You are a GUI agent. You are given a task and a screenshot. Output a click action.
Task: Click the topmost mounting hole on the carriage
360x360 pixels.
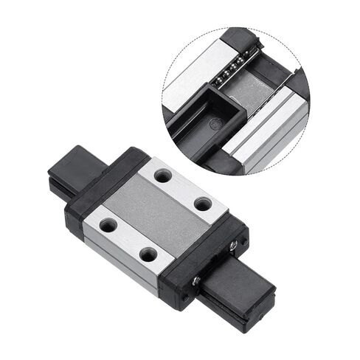[163, 176]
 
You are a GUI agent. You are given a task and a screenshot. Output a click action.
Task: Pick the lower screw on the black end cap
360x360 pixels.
[197, 280]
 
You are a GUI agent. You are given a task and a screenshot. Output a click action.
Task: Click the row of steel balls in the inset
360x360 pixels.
[232, 67]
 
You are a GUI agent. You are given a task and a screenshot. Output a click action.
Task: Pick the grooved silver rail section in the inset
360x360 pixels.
[273, 133]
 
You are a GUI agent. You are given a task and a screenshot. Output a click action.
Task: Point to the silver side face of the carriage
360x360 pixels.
[118, 258]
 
